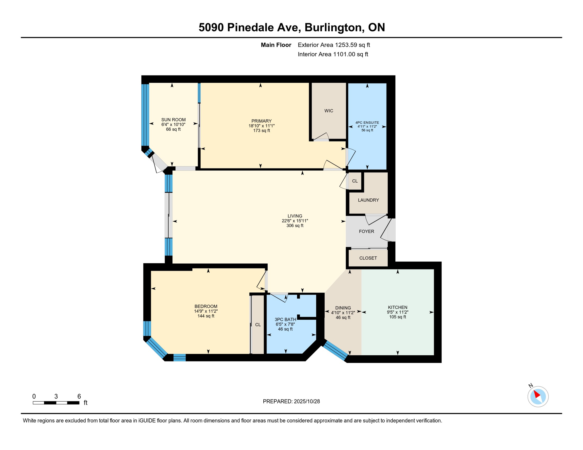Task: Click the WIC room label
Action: [328, 111]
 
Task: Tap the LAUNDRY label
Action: [368, 200]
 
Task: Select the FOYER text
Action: [366, 231]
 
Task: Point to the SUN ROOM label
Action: [173, 120]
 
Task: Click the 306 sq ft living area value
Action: [295, 226]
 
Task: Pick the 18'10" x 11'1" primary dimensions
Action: [261, 126]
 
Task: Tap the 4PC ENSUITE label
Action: [367, 123]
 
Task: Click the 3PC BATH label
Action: [285, 319]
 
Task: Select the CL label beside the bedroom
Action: [258, 325]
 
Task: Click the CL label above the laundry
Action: [355, 181]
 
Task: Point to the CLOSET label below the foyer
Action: [368, 258]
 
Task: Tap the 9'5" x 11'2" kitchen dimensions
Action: [397, 312]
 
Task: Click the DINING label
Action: [343, 308]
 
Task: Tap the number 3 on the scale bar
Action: [56, 396]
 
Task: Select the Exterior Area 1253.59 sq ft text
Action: [334, 45]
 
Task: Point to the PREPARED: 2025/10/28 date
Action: [291, 401]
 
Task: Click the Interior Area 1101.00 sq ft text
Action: [333, 54]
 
